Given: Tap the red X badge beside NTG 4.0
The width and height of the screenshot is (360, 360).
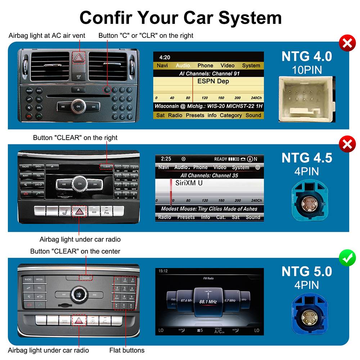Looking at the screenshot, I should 347,44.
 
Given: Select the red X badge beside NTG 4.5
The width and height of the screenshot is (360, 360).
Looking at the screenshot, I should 347,145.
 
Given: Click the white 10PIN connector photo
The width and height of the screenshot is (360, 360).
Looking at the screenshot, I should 307,99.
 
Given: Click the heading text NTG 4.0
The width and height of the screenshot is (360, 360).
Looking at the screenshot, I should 307,57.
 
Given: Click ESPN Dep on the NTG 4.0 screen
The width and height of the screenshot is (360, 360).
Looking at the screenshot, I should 213,81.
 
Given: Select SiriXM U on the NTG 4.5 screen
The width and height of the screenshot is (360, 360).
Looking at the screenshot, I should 189,183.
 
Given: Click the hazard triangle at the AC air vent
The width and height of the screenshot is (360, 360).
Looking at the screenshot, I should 78,58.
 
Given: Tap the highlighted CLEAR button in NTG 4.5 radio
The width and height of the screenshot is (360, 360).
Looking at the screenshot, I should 107,167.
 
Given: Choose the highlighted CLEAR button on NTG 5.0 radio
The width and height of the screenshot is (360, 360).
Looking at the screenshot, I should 86,278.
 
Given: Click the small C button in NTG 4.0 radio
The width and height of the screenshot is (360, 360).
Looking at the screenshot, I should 107,90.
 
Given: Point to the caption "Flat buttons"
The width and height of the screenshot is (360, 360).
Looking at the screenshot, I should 127,350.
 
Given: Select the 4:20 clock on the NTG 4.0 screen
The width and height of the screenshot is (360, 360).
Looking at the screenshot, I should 165,57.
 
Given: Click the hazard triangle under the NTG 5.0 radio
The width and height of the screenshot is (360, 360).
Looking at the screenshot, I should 78,320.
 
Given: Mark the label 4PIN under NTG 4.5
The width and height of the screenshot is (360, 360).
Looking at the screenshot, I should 307,171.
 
